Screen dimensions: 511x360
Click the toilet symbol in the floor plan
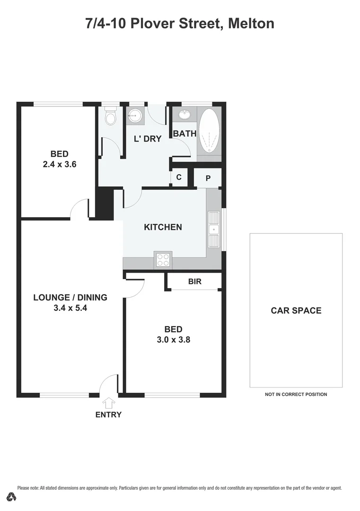tap(110, 116)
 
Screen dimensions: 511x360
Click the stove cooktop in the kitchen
tap(163, 260)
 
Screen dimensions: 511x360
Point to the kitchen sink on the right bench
tap(214, 230)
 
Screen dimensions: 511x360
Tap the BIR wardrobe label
tap(195, 282)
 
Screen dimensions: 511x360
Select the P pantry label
tap(208, 178)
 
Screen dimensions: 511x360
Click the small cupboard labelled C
tap(179, 177)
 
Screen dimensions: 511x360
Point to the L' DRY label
tap(148, 139)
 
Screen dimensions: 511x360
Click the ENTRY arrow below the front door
tap(109, 403)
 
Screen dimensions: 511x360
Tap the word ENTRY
tap(109, 415)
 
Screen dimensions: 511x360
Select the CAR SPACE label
tap(296, 310)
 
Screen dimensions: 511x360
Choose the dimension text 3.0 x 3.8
tap(174, 339)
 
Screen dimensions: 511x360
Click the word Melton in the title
tap(251, 23)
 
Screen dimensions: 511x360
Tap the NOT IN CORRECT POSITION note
tap(296, 394)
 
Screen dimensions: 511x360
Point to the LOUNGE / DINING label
tap(70, 298)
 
